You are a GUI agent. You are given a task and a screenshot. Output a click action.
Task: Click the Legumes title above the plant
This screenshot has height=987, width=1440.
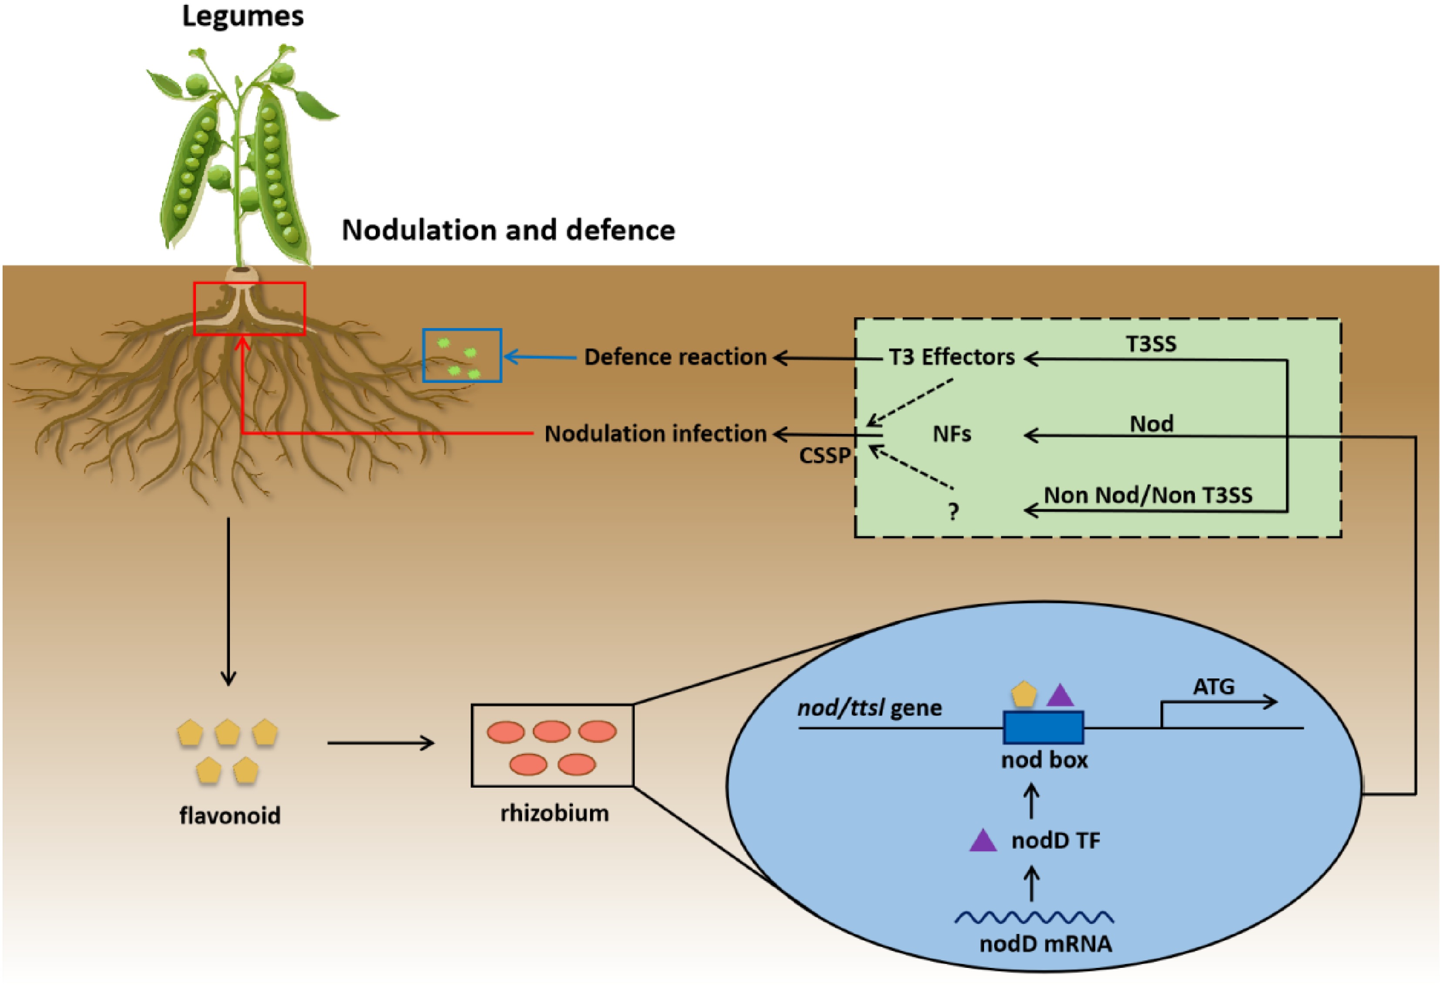243,17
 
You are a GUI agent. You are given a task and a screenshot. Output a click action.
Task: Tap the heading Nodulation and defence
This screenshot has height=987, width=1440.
508,230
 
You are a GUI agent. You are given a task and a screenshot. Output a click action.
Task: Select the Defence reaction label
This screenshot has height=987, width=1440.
675,357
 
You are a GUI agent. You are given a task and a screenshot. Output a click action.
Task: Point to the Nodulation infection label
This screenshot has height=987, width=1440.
656,434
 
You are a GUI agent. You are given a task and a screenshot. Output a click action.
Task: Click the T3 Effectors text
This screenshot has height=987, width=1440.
952,357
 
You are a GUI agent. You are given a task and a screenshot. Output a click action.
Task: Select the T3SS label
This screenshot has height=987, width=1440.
1151,344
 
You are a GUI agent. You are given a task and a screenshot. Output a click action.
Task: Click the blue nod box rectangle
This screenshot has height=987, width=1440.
1043,728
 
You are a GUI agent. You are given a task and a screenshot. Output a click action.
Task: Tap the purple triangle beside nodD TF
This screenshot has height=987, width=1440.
983,841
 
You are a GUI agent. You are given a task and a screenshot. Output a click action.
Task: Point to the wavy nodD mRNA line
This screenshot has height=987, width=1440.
1034,917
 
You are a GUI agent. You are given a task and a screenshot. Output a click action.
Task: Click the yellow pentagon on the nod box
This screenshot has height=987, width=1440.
1024,695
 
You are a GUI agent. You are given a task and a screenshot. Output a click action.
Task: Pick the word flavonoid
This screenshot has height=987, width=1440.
230,816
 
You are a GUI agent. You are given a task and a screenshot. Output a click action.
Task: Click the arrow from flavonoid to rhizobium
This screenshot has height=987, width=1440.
381,742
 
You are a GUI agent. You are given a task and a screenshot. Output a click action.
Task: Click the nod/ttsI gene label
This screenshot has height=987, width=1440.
869,708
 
